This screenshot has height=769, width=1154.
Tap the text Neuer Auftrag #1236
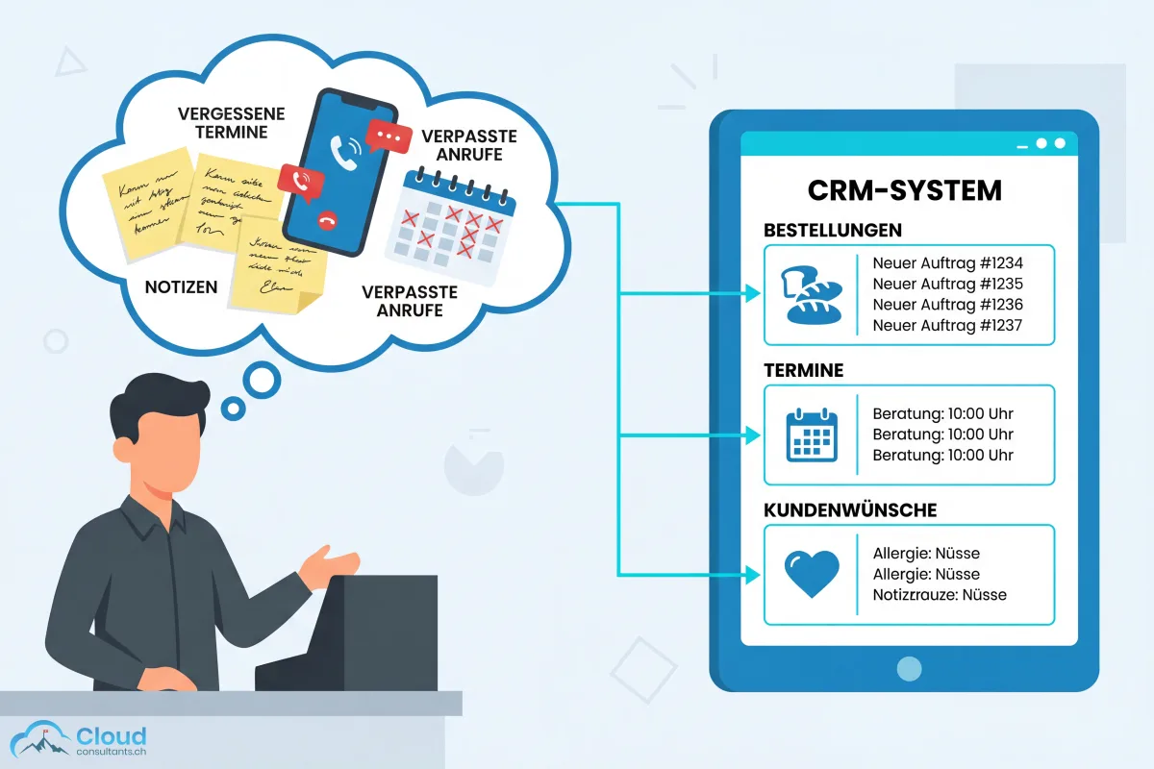947,305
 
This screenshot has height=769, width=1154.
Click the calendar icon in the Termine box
812,434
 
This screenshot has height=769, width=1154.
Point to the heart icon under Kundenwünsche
812,574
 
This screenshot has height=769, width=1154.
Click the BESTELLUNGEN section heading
833,231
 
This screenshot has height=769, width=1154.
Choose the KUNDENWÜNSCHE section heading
850,509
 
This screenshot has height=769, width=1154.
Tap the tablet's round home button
909,667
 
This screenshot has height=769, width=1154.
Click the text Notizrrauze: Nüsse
940,595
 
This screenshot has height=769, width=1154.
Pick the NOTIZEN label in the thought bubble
181,286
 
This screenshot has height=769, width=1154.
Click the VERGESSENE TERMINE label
222,122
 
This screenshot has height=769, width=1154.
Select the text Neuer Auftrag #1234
947,262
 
